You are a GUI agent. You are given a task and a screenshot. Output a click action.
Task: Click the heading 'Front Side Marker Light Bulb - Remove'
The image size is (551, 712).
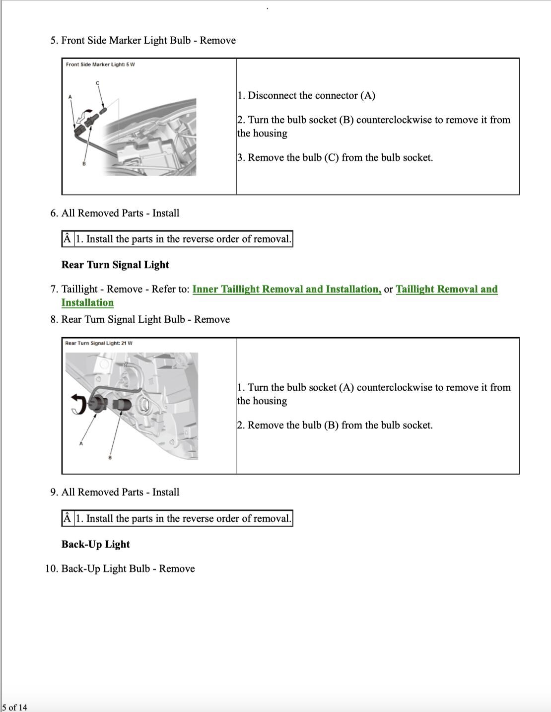[x=148, y=40]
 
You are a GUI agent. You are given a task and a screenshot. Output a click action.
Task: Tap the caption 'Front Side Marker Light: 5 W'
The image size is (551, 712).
[x=100, y=65]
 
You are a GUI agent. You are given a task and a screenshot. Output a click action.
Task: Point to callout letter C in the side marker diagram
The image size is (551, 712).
[x=97, y=82]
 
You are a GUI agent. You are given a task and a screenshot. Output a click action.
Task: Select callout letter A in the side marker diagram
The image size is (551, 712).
[x=70, y=96]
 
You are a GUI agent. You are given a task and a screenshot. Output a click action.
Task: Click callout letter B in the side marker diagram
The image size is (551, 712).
[x=84, y=164]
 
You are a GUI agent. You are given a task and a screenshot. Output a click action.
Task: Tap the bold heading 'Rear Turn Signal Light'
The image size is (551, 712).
[x=115, y=265]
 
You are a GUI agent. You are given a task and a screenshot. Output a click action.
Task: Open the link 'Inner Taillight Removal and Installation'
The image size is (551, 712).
[x=286, y=289]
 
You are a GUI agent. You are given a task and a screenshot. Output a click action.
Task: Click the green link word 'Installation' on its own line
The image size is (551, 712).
[x=87, y=302]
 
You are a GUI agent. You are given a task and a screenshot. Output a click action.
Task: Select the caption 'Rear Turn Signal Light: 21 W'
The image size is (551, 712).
[x=99, y=343]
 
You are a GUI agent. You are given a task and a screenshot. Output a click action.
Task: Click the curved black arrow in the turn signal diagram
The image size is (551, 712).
[x=78, y=403]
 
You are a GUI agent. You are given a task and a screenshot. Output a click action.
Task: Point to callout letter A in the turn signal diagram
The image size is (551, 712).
[x=81, y=443]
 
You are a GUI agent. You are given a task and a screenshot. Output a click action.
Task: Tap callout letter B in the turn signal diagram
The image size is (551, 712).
[x=110, y=457]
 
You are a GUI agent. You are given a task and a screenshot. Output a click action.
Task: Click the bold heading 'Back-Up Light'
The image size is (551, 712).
[x=95, y=544]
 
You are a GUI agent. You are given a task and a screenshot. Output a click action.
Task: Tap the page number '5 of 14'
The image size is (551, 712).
[x=15, y=707]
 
